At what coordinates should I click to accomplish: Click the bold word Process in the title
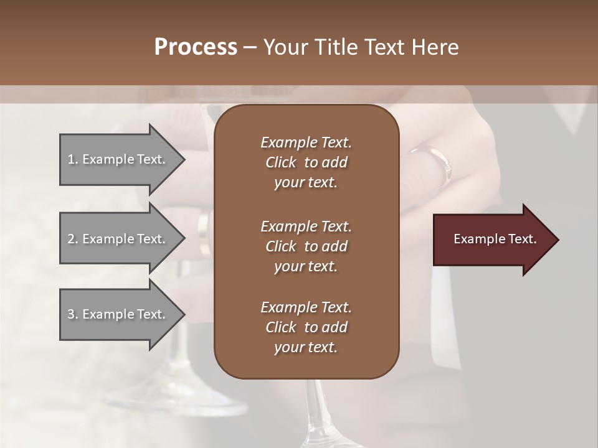[196, 47]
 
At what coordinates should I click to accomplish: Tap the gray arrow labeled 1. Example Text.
[118, 159]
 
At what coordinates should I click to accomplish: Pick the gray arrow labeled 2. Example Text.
[118, 239]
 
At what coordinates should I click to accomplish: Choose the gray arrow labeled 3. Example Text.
[118, 314]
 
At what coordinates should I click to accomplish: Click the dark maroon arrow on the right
[492, 240]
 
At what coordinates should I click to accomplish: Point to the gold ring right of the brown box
[436, 163]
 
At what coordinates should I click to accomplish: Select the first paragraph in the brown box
[306, 162]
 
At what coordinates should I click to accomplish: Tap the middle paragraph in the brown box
[306, 246]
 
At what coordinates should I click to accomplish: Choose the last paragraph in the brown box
[306, 327]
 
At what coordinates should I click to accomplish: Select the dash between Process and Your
[250, 48]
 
